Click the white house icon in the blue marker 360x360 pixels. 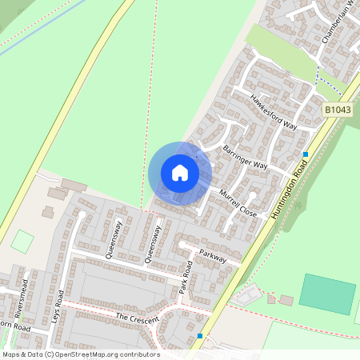180,172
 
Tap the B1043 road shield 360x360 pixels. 338,109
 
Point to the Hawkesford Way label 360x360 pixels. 273,114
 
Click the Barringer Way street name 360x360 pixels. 246,156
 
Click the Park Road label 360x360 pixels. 187,277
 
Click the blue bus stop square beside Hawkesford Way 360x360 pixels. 306,154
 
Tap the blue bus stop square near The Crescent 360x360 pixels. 200,336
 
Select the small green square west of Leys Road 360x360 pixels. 22,241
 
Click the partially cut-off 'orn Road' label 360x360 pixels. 14,327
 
